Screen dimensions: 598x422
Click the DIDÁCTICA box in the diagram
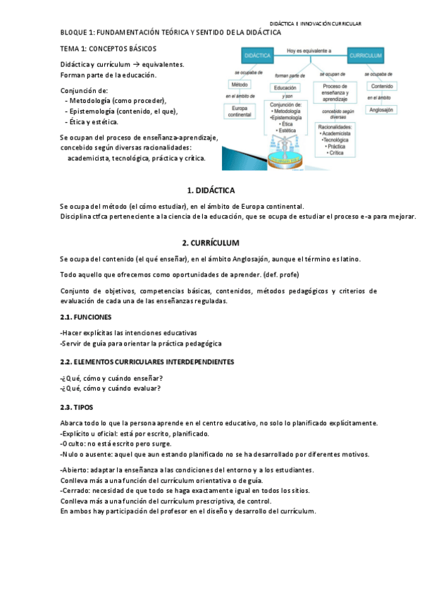click(255, 54)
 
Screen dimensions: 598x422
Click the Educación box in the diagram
click(285, 87)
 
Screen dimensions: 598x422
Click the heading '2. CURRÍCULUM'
click(211, 243)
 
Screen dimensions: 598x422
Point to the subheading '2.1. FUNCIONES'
click(85, 317)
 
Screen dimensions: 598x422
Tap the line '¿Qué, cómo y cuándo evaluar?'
click(111, 388)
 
